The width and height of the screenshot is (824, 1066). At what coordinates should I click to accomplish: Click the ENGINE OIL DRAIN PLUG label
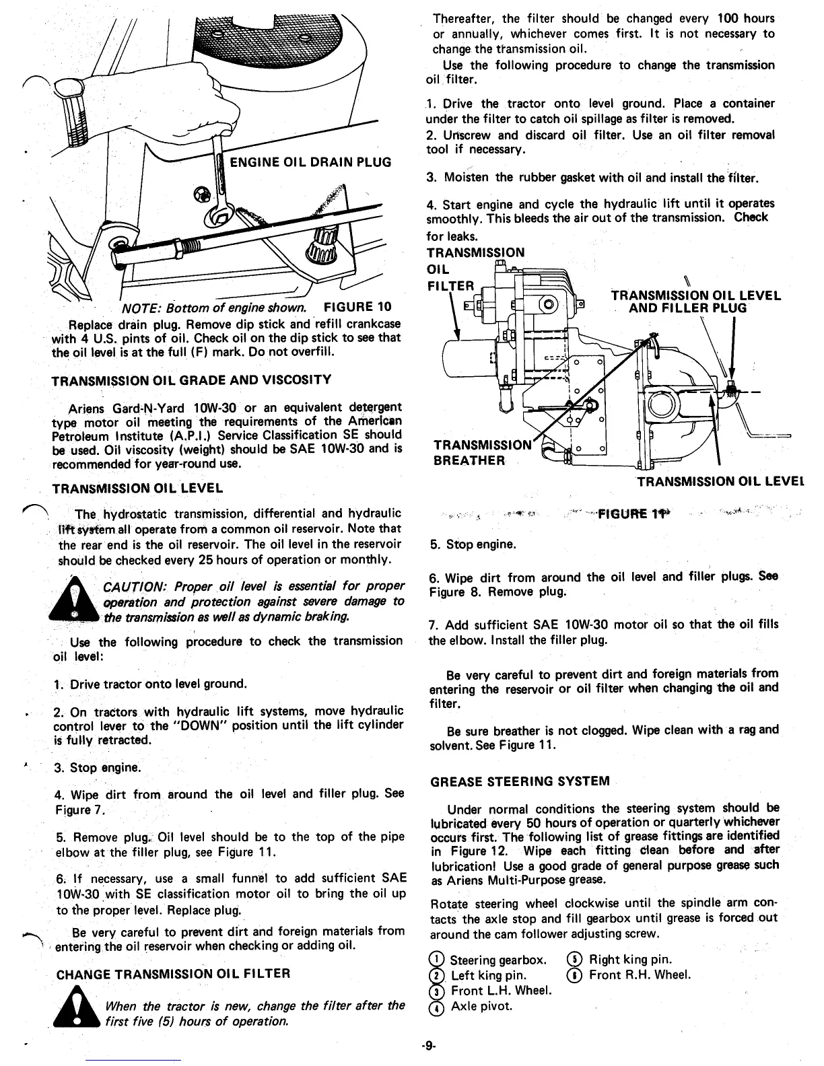click(310, 162)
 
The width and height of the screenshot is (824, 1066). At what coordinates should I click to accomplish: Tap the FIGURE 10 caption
click(357, 308)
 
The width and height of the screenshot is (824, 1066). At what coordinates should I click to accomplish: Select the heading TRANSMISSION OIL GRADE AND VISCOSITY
click(191, 380)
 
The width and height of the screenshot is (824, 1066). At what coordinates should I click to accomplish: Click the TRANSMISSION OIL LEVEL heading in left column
click(137, 487)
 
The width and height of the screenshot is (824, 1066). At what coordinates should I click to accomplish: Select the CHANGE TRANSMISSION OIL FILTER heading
click(173, 973)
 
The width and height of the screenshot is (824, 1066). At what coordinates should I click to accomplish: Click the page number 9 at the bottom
click(429, 1046)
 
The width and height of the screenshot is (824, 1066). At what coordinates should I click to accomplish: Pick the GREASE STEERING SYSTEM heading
click(520, 781)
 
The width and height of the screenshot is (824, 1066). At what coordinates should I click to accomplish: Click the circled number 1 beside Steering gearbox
click(438, 960)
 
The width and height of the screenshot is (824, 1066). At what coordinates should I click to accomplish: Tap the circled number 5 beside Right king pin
click(576, 960)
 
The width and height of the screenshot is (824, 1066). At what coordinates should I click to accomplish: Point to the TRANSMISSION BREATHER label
click(479, 453)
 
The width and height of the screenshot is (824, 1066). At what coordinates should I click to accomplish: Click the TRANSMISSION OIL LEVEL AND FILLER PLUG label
click(695, 301)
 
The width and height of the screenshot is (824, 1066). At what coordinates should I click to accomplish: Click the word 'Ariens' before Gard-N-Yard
click(85, 408)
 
